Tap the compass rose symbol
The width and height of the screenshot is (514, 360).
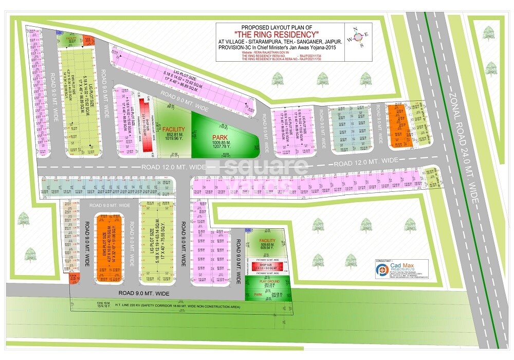356,37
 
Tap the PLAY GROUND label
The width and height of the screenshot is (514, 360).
269,281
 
